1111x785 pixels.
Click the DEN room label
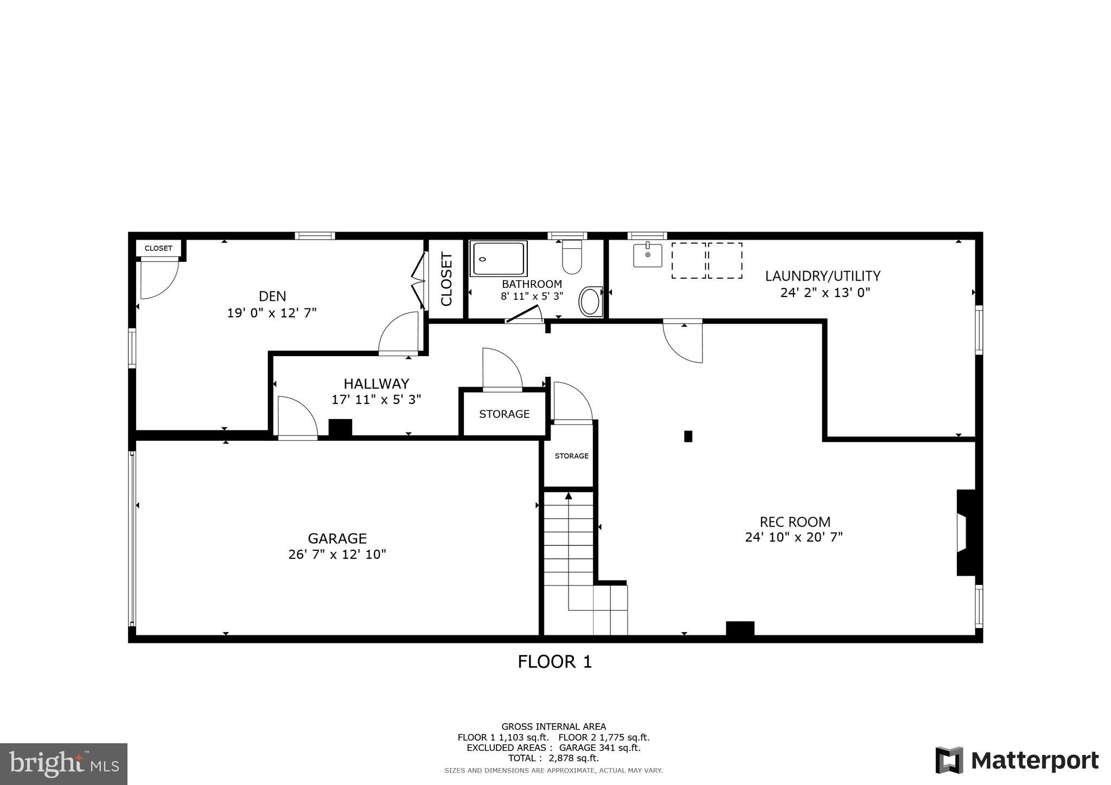[272, 296]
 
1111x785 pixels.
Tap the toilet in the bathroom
[572, 257]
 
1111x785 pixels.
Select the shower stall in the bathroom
[499, 259]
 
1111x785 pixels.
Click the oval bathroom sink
[590, 301]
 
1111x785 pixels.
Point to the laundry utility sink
[647, 255]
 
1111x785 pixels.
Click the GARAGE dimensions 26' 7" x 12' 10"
[337, 555]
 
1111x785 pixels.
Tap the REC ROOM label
[795, 522]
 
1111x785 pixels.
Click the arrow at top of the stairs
[569, 496]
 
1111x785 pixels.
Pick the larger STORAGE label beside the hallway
[504, 414]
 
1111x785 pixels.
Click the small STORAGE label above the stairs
[571, 456]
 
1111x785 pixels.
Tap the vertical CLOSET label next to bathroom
[446, 279]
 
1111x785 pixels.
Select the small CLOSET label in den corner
[158, 248]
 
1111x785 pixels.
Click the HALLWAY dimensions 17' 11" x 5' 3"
[376, 400]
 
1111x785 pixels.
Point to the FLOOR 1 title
[554, 662]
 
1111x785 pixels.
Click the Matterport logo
[1017, 761]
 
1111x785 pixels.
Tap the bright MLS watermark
[64, 764]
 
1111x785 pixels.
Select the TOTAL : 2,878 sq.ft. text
[553, 758]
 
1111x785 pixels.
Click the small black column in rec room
[688, 436]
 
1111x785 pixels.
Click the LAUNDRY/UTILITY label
[822, 276]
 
